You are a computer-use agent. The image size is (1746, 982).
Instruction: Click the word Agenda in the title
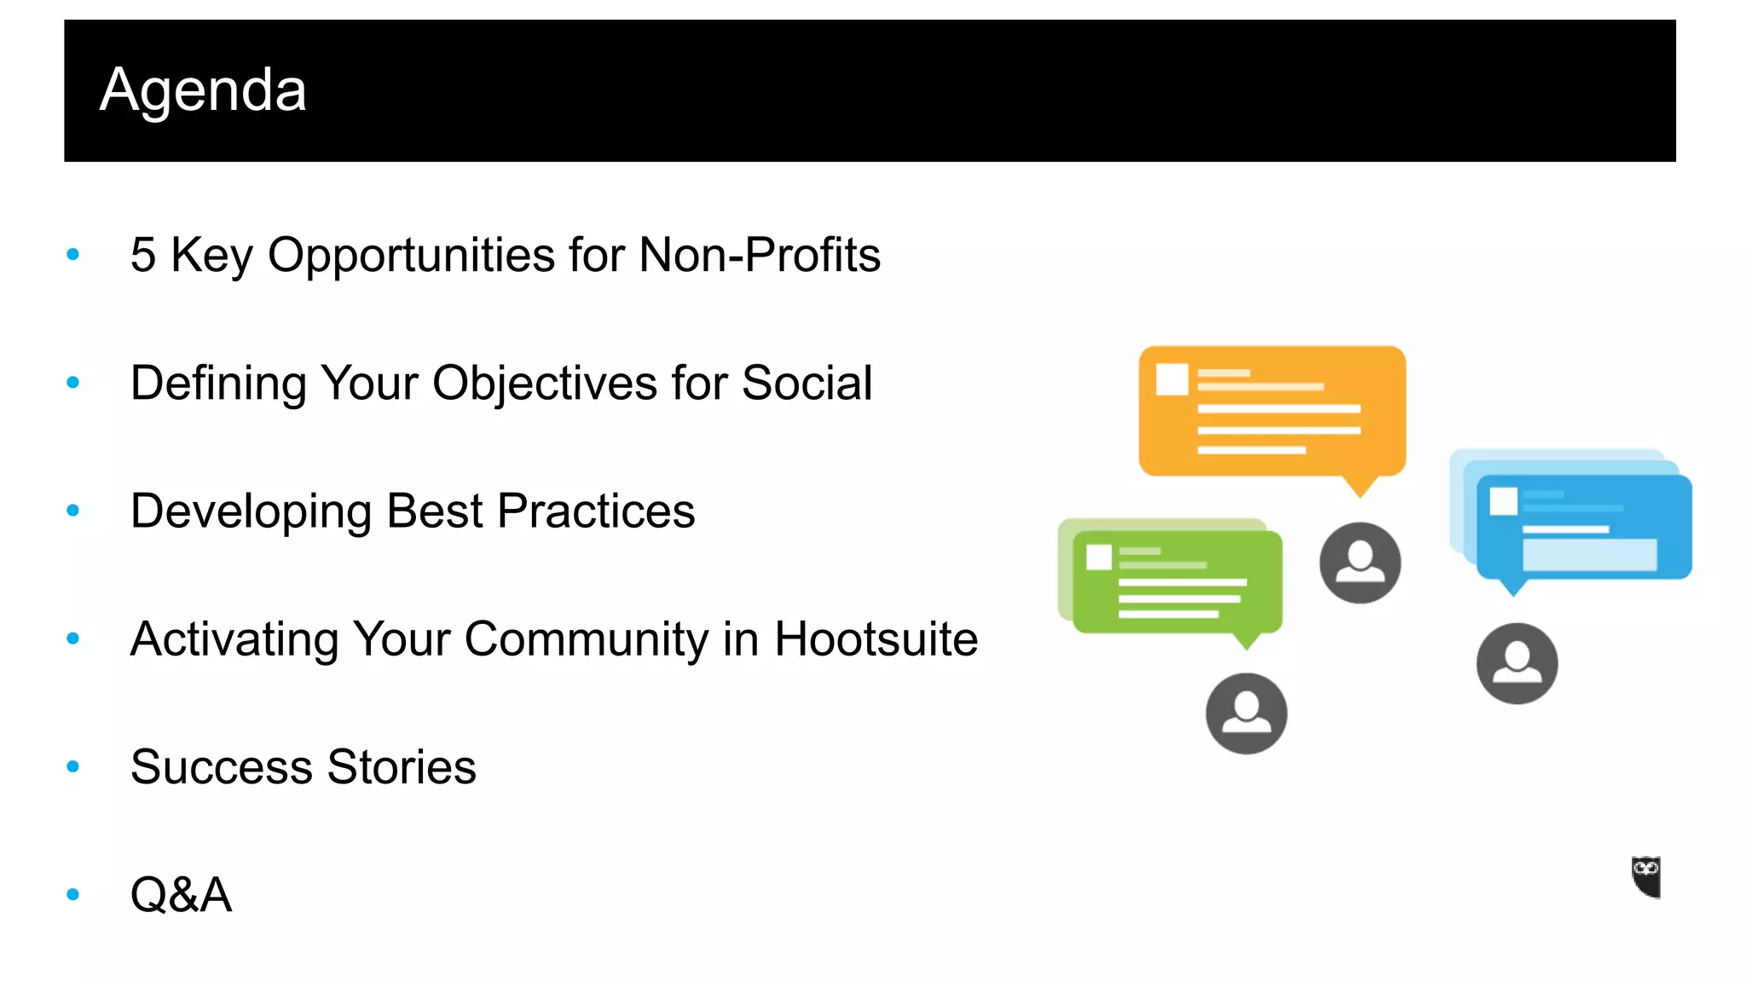pyautogui.click(x=203, y=90)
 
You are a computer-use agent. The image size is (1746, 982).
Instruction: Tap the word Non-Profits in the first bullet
pyautogui.click(x=760, y=255)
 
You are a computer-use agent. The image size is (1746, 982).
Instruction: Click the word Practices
pyautogui.click(x=596, y=511)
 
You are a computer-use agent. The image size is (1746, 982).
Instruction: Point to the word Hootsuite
pyautogui.click(x=876, y=639)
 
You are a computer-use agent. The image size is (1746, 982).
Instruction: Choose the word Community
pyautogui.click(x=586, y=639)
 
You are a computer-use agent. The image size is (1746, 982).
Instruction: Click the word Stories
pyautogui.click(x=402, y=767)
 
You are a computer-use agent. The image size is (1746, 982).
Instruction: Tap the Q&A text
pyautogui.click(x=181, y=895)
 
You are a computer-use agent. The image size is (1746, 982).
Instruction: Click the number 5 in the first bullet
pyautogui.click(x=143, y=255)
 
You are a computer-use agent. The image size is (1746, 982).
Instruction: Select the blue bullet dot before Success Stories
pyautogui.click(x=73, y=767)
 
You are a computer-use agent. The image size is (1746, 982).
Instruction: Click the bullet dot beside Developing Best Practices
pyautogui.click(x=73, y=511)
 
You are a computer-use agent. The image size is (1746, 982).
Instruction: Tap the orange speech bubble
pyautogui.click(x=1272, y=412)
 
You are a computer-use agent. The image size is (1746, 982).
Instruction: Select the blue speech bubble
pyautogui.click(x=1583, y=527)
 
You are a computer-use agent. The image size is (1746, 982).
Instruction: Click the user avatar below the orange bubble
pyautogui.click(x=1360, y=563)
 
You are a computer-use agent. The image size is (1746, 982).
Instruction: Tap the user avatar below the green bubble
pyautogui.click(x=1246, y=713)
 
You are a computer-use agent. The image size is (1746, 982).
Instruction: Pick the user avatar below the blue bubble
pyautogui.click(x=1517, y=663)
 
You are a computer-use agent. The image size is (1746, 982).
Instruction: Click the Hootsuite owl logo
pyautogui.click(x=1646, y=877)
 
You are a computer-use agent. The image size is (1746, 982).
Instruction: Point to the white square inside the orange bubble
pyautogui.click(x=1172, y=379)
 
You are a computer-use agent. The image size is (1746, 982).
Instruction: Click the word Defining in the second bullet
pyautogui.click(x=218, y=383)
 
